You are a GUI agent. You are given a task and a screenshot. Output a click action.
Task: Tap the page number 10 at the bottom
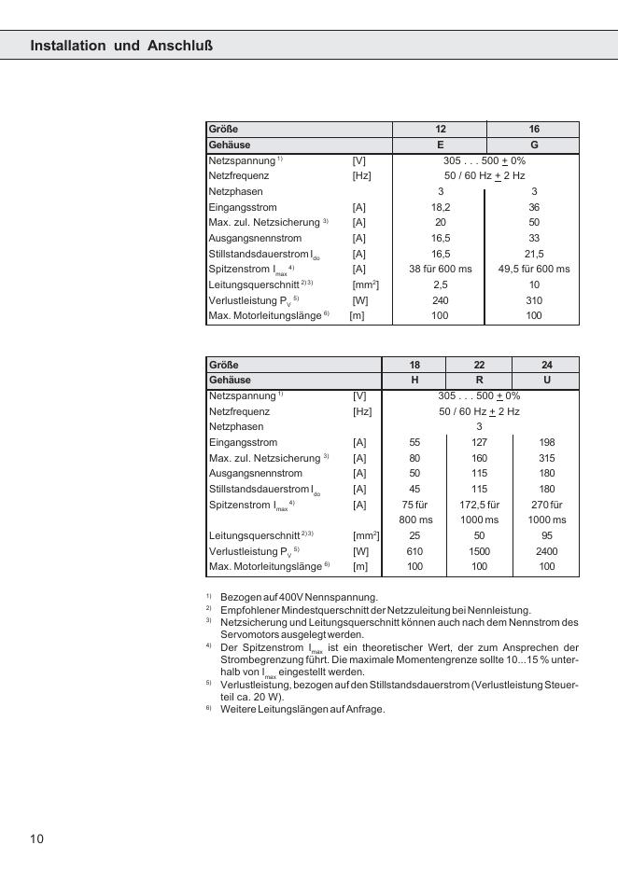36,838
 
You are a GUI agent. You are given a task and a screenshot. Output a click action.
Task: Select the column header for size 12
441,130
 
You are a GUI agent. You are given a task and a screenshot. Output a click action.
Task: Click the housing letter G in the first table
534,145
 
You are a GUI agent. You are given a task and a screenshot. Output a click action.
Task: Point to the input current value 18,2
441,207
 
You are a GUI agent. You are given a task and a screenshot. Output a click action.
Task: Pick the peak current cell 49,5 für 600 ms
534,269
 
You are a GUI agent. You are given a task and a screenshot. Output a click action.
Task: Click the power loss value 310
534,300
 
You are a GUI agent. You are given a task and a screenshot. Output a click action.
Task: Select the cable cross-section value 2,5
441,284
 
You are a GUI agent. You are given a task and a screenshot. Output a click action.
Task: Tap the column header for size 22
479,365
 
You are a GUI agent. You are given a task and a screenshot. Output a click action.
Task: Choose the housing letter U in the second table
546,381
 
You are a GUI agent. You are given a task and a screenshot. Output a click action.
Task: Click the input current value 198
546,442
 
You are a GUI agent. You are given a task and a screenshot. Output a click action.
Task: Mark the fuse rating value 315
546,457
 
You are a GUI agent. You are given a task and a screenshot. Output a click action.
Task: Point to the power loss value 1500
479,551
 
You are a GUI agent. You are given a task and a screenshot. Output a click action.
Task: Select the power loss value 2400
546,551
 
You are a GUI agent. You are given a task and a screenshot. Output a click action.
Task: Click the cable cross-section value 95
546,535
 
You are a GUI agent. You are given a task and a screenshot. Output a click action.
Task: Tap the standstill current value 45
414,489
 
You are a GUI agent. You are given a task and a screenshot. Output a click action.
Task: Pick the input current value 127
479,442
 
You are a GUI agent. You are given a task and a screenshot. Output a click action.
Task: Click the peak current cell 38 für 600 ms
441,269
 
